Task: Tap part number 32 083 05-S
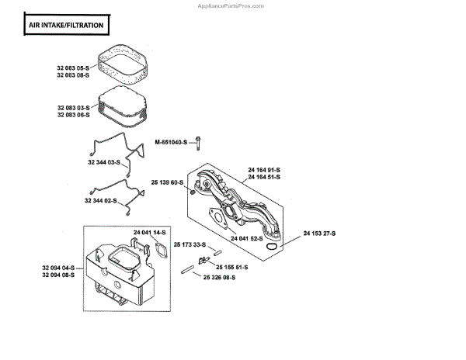tap(73, 67)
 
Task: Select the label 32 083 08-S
tap(73, 75)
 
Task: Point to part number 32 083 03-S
tap(73, 107)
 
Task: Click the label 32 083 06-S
tap(73, 115)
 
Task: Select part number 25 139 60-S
tap(166, 182)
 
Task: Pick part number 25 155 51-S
tap(232, 267)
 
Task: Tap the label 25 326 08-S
tap(220, 277)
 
